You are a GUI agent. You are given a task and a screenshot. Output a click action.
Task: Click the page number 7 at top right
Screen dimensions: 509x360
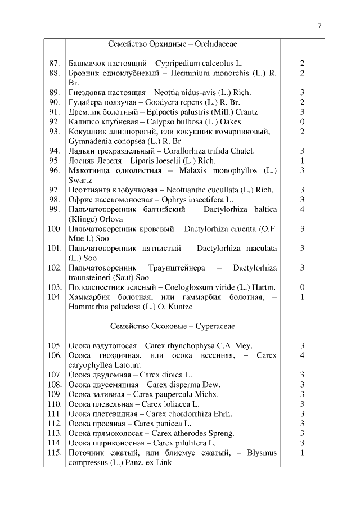(319, 26)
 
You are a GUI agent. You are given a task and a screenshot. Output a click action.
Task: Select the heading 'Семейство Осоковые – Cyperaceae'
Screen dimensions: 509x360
(173, 326)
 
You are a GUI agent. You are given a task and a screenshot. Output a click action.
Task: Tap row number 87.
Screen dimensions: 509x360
(55, 64)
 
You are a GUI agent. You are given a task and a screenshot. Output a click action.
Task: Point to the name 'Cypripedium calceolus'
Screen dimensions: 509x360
(193, 64)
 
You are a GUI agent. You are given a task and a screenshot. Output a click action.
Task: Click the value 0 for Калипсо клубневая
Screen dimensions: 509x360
(302, 121)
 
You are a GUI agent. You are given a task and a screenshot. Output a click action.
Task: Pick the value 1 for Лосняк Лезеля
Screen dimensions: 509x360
(302, 160)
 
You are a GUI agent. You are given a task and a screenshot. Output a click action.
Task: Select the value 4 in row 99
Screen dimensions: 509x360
(302, 209)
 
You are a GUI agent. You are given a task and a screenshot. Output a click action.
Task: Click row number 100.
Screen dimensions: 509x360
(55, 228)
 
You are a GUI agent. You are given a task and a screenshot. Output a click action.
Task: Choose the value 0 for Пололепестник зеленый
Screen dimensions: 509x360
(302, 287)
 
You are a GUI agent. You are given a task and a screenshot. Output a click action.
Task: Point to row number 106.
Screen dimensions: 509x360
(55, 355)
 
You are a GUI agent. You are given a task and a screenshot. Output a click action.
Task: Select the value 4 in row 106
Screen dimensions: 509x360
(302, 355)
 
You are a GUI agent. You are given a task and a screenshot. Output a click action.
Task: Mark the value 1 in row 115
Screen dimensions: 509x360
(302, 453)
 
